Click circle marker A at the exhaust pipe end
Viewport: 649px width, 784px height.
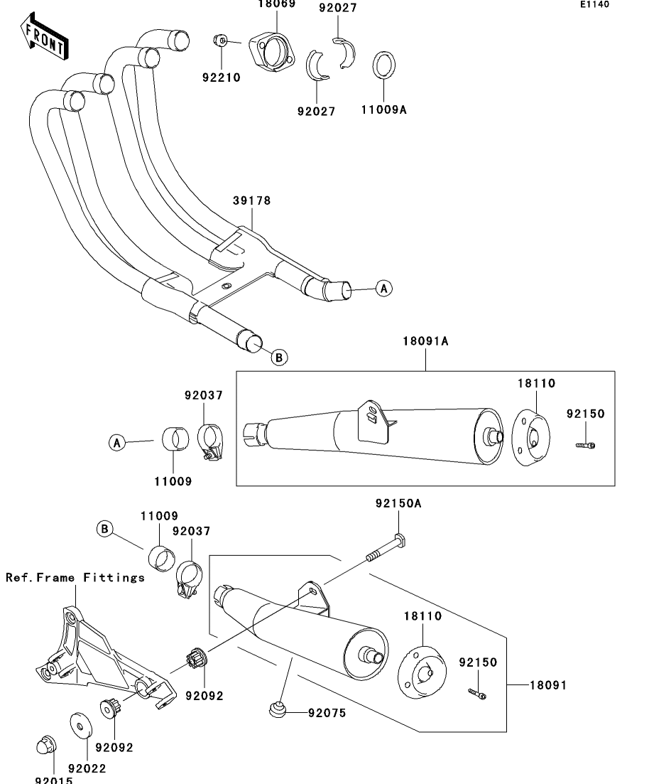[x=383, y=289]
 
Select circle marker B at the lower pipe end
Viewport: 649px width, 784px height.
[x=280, y=358]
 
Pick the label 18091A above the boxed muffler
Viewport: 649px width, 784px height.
[x=425, y=341]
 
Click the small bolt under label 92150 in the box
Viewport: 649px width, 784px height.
[x=585, y=445]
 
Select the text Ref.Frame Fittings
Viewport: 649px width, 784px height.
[x=75, y=577]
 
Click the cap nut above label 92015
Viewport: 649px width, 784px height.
[x=45, y=746]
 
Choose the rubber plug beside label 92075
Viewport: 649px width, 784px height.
[x=278, y=709]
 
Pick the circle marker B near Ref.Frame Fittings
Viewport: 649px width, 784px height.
[x=106, y=529]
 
